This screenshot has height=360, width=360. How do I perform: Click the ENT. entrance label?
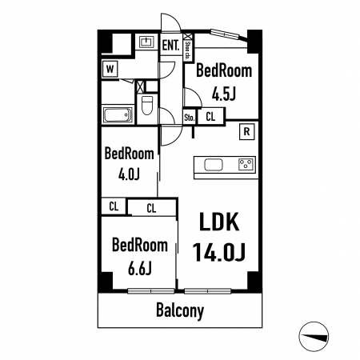pos(170,45)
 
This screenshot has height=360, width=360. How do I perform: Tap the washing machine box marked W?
pos(110,70)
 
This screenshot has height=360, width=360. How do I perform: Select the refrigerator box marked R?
pos(247,131)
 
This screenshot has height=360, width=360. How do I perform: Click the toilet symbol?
pos(147,105)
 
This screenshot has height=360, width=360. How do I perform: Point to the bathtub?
pos(118,115)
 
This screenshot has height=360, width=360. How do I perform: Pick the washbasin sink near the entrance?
pos(146,42)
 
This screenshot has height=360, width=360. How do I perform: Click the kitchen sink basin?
pos(214,165)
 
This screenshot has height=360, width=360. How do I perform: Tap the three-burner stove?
pos(246,164)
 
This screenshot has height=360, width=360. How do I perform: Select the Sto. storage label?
pos(190,118)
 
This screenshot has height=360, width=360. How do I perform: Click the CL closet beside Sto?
pos(210,117)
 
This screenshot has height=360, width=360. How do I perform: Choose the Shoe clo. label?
pos(187,50)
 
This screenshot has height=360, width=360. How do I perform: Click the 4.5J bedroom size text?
pos(224,94)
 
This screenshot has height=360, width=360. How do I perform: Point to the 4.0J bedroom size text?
pos(129,174)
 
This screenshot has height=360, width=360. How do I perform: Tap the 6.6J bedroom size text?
pos(140,268)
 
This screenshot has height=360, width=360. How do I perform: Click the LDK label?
pos(219,222)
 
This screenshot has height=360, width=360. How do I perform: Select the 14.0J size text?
pos(218,252)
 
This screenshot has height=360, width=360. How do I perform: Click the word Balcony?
pos(180,310)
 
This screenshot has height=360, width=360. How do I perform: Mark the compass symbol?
pos(314,337)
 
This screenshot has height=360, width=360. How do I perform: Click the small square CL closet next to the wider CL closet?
pos(114,206)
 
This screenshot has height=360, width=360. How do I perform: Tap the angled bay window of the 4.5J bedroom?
pos(229,35)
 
